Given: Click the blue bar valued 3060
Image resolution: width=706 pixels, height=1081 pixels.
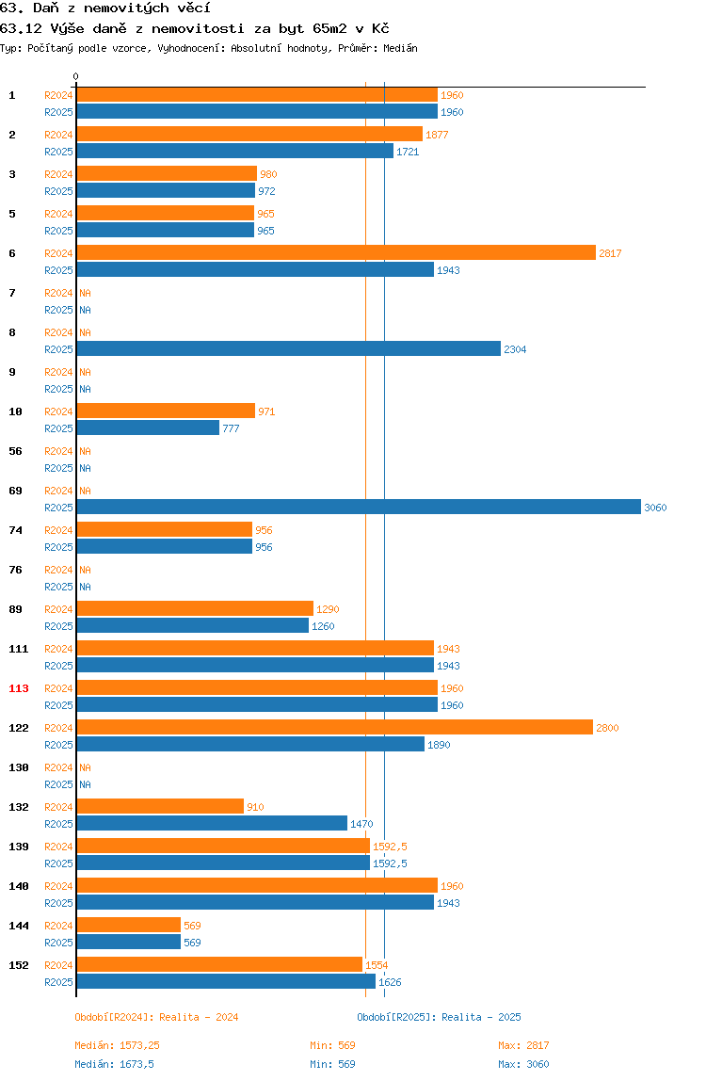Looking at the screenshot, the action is pos(359,507).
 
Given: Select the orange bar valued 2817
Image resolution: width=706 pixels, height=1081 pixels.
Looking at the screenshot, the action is pos(336,253).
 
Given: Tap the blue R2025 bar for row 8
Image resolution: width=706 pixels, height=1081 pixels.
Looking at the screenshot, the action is pos(288,348).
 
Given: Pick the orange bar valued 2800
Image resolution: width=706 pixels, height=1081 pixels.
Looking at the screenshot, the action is pos(334,727).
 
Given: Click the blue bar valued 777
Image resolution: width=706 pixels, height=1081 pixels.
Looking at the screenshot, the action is pos(148,428).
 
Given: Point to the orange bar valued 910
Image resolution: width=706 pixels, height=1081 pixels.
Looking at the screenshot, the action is pos(160,807).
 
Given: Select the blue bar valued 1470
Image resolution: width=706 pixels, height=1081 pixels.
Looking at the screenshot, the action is pos(212,823).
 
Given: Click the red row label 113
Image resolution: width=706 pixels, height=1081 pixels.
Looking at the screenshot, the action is pos(19,688).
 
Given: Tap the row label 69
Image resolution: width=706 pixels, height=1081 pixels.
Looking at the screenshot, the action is pos(15,491).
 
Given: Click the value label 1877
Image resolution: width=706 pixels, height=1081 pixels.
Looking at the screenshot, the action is pos(437,136).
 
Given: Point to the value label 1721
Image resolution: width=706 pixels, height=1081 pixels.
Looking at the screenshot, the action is pos(408,152).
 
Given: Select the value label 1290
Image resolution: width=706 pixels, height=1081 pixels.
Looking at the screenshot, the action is pos(328,609).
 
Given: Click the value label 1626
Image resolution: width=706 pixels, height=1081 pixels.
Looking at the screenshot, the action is pos(390,982).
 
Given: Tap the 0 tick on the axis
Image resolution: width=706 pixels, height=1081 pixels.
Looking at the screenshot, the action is pos(76,76).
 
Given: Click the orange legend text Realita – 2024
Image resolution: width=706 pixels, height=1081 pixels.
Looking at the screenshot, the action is pos(199,1017).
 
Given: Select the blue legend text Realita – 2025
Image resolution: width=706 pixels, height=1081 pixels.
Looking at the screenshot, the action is pos(481,1017).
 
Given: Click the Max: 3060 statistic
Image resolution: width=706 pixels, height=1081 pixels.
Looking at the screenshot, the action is pos(524,1064).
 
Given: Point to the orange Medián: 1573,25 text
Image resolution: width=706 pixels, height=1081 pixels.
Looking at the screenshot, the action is pos(118,1045).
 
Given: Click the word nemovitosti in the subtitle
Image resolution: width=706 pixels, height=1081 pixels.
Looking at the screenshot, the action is pos(198,28).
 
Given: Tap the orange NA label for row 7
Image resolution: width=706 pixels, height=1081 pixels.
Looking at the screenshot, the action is pos(85,293).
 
